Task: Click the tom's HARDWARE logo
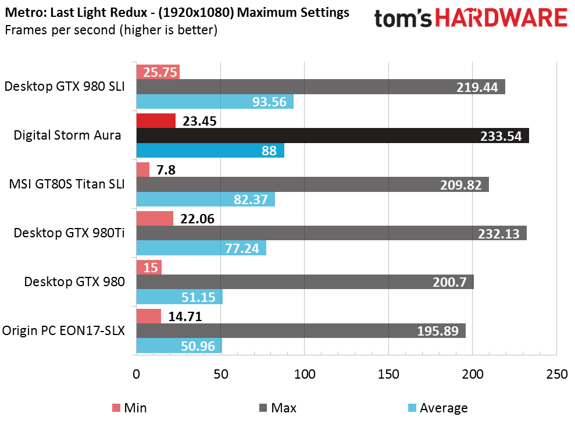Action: pos(470,19)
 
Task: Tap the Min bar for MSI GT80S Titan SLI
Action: pos(143,170)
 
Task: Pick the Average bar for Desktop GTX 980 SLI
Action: pos(215,102)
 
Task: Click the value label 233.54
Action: pos(501,136)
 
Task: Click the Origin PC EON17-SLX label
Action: pos(63,330)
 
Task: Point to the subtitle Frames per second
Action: pos(110,30)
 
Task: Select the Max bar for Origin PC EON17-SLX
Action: pos(301,331)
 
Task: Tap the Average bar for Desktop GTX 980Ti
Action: pos(201,248)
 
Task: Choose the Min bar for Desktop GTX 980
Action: pos(149,267)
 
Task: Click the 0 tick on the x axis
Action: pos(137,375)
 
